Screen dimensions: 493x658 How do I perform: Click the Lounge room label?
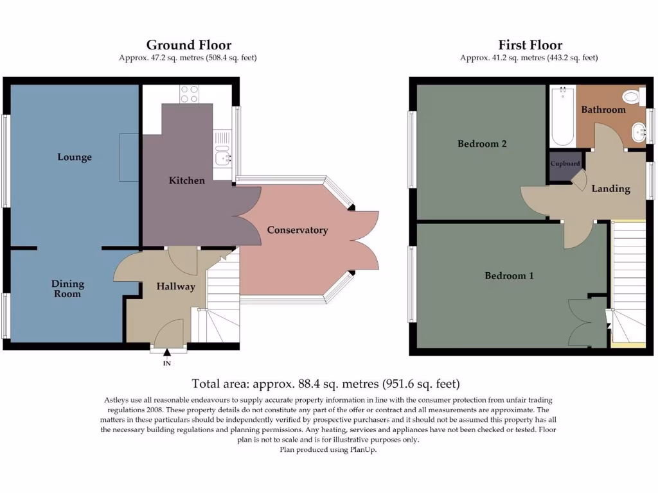tap(75, 157)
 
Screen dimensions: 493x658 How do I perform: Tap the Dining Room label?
tap(67, 289)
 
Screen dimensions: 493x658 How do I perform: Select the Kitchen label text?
tap(187, 180)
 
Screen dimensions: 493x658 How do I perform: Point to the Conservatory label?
tap(298, 230)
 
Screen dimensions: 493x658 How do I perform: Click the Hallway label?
tap(175, 286)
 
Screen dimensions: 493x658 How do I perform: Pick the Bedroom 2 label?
tap(482, 144)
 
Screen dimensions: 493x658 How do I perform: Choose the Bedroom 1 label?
tap(509, 276)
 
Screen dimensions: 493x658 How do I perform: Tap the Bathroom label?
tap(603, 110)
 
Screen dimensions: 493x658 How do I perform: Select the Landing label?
tap(610, 189)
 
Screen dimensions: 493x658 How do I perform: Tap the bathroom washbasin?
tap(638, 133)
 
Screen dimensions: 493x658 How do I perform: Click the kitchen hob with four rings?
tap(190, 94)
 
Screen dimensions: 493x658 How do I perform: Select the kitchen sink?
tap(223, 155)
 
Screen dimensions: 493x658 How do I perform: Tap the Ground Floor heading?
tap(189, 45)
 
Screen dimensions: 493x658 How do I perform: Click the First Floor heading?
tap(530, 45)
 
